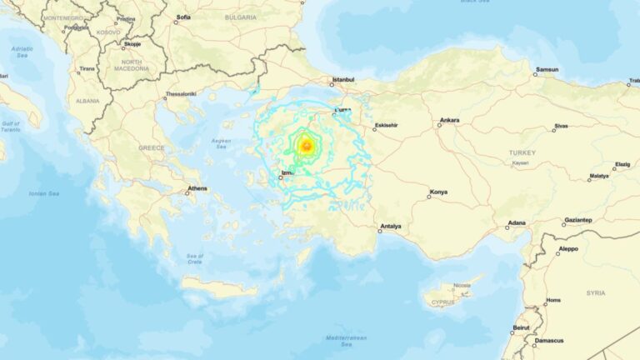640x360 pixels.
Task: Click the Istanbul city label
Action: [343, 80]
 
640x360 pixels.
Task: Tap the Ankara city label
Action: [449, 120]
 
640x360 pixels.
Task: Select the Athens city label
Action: [197, 188]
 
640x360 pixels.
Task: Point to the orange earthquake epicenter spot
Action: [306, 147]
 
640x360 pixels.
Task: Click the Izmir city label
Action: [287, 172]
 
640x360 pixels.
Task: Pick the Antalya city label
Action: [390, 226]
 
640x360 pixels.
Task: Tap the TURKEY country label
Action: [522, 152]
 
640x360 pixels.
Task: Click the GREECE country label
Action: [151, 147]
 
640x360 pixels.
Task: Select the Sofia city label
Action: [183, 17]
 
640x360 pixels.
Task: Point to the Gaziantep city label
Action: [577, 220]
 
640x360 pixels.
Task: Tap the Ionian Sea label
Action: [43, 193]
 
